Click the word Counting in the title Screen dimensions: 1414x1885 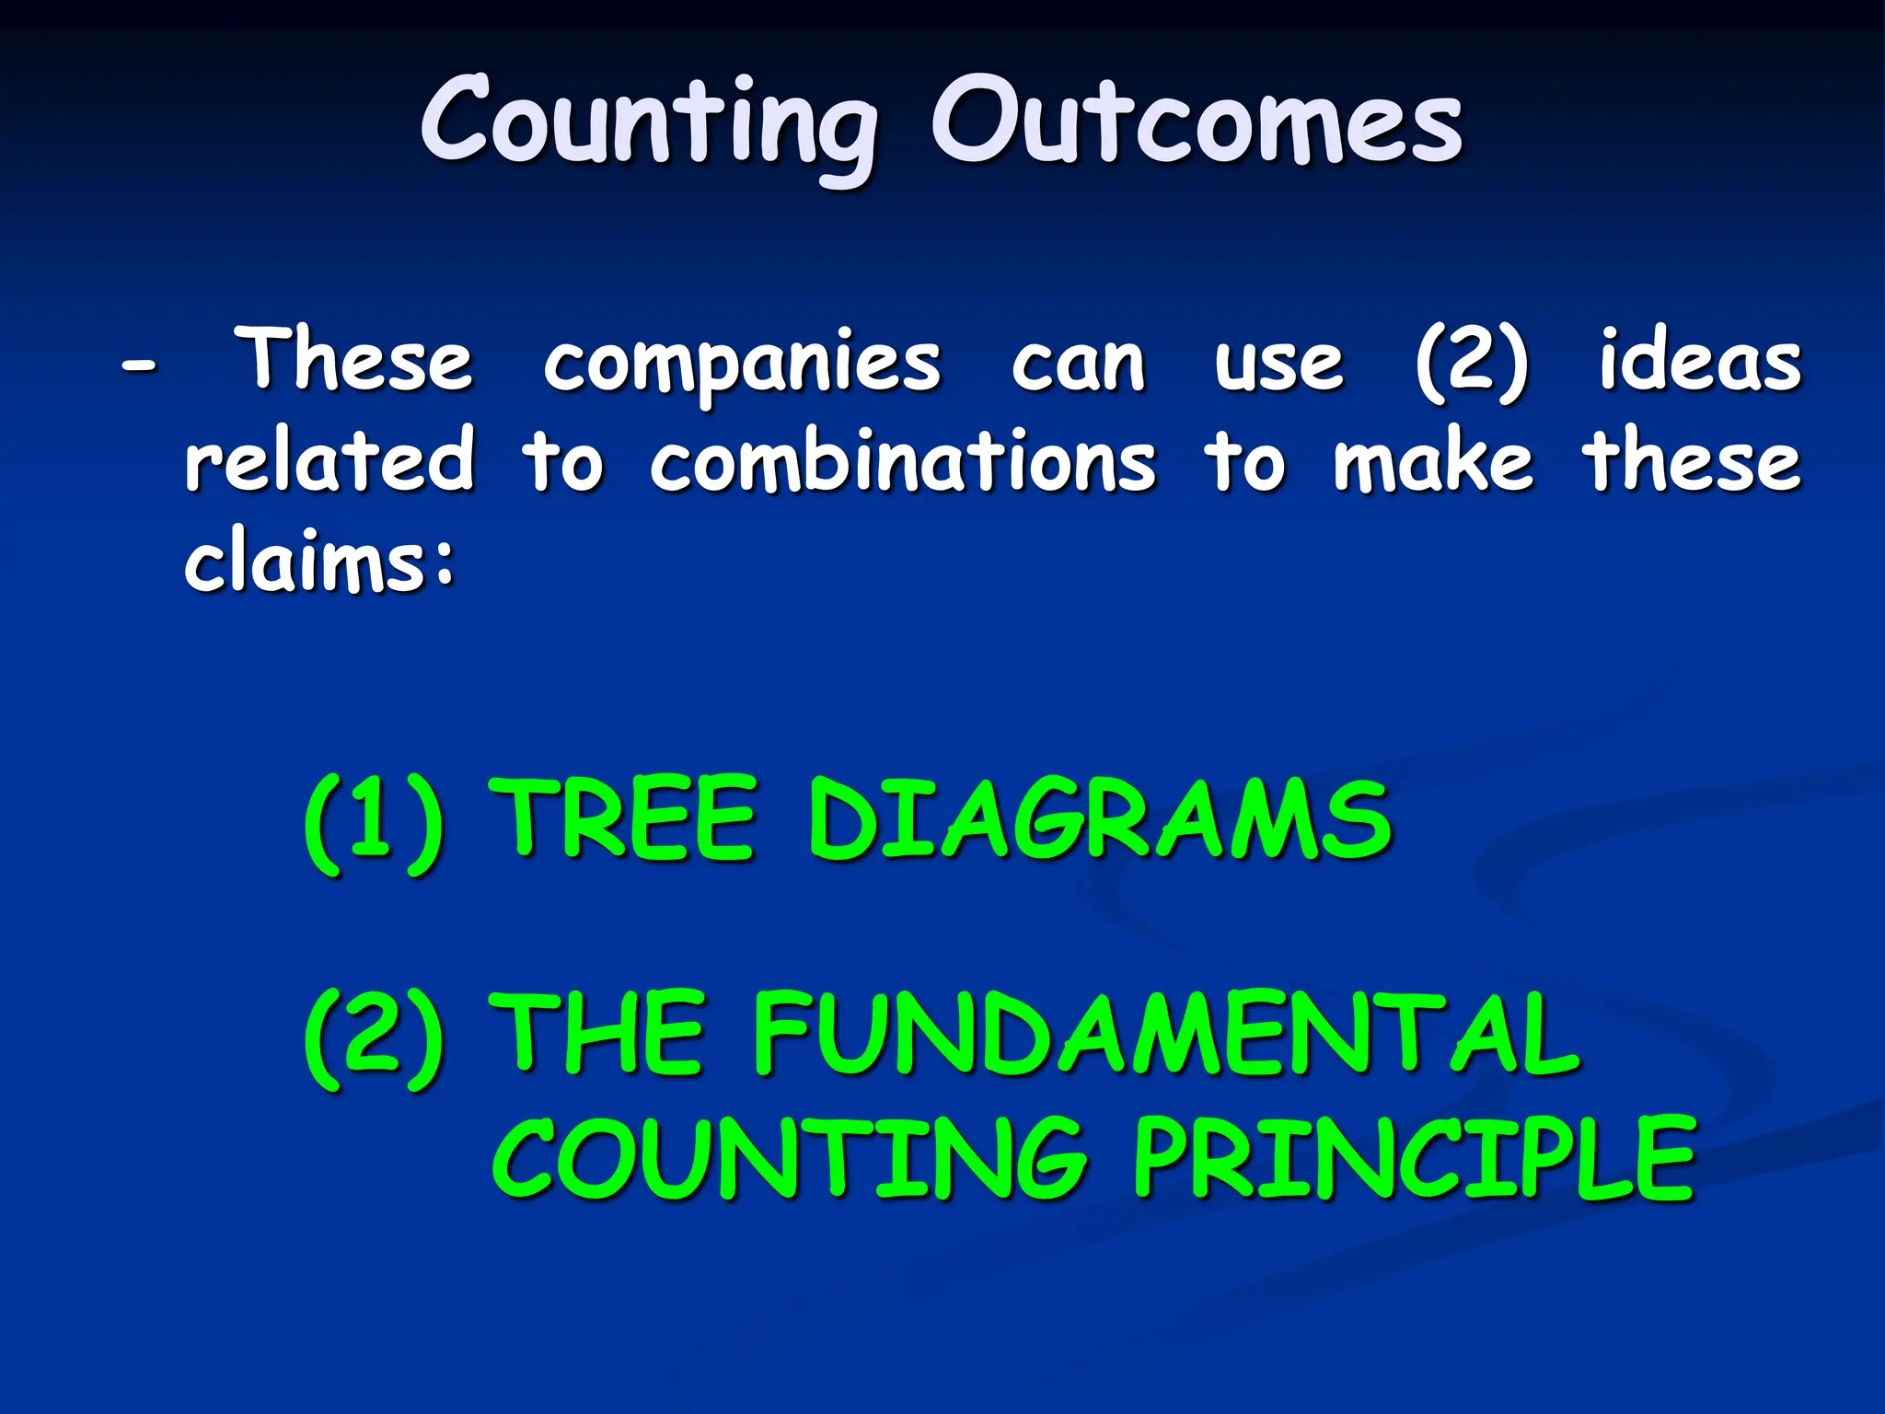(650, 124)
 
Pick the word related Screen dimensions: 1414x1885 (330, 459)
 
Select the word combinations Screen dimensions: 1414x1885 (902, 459)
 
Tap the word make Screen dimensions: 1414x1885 (1433, 459)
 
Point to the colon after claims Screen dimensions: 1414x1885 (445, 562)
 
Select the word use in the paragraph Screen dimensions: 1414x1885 (1278, 364)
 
